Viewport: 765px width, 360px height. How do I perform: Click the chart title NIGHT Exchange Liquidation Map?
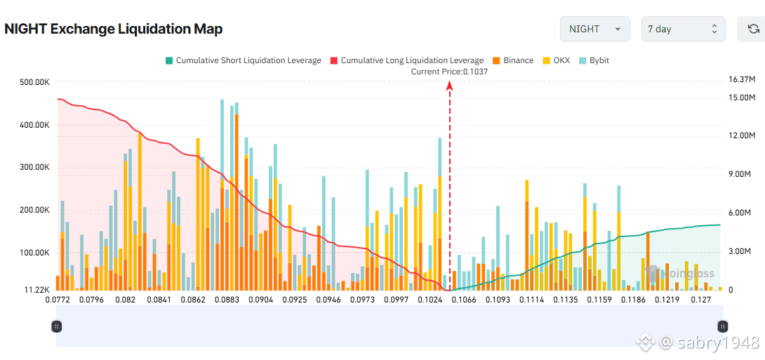(114, 29)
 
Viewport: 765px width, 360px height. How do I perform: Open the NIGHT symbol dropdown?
(594, 29)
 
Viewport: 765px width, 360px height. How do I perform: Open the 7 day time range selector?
(683, 29)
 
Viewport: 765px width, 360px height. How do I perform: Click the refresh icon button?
(753, 29)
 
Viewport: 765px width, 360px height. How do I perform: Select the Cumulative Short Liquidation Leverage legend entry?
(243, 60)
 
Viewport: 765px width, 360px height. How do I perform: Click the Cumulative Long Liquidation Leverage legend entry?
(406, 60)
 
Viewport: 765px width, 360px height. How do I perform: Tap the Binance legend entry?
(513, 60)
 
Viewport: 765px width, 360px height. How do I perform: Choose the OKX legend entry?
(556, 60)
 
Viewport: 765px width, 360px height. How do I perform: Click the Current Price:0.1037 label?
(449, 72)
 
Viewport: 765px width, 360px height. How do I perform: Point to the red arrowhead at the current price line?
(449, 86)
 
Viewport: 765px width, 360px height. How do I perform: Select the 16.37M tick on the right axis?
(742, 79)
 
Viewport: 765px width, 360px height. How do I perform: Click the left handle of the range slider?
(57, 326)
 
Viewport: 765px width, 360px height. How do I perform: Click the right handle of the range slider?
(722, 326)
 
